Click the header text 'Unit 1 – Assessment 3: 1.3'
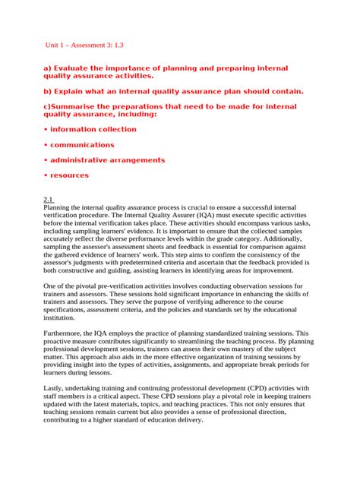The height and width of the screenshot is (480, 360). tap(90, 45)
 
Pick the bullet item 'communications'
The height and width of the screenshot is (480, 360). tap(82, 144)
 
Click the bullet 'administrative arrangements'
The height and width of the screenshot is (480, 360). tap(107, 160)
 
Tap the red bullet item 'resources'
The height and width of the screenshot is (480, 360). tap(69, 175)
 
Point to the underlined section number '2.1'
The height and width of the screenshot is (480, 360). tap(50, 198)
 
